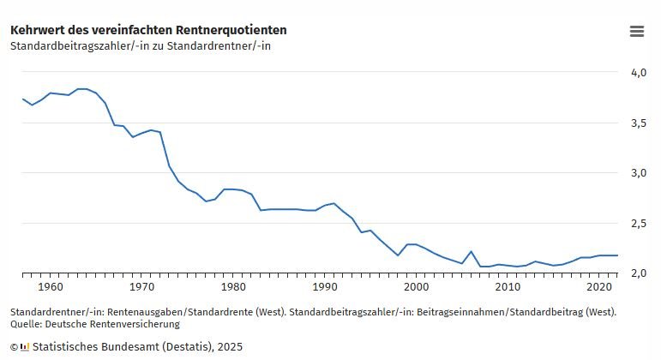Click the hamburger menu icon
click(636, 31)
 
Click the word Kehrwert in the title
click(38, 30)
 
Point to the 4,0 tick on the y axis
click(638, 73)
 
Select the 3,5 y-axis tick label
click(638, 123)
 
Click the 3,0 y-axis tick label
click(638, 173)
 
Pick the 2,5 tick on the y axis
click(638, 224)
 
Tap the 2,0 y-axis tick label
click(638, 273)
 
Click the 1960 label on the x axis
click(51, 287)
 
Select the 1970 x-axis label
click(142, 287)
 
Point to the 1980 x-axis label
click(233, 287)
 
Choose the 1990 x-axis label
click(325, 287)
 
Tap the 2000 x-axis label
click(417, 287)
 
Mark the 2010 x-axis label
click(508, 287)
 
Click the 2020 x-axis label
click(599, 287)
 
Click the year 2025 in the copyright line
click(230, 347)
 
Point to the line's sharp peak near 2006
click(471, 251)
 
